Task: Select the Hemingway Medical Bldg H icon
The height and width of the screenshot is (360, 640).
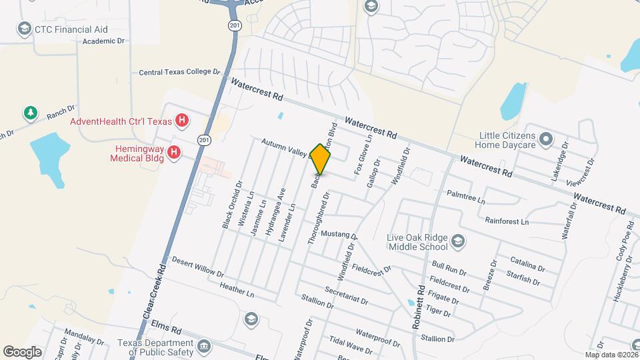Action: (x=174, y=153)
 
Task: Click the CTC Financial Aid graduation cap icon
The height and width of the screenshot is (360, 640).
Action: (x=25, y=29)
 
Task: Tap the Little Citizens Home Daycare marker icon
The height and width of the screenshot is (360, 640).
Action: (x=546, y=139)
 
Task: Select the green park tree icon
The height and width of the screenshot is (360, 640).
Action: (x=30, y=113)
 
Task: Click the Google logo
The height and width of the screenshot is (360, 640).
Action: (x=22, y=351)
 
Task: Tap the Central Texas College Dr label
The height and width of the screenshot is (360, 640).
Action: (x=179, y=71)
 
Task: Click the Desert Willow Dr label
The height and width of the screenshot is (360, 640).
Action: (x=198, y=267)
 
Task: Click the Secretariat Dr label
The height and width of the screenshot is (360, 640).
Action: (x=346, y=296)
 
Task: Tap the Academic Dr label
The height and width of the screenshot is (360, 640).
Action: (x=103, y=41)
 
